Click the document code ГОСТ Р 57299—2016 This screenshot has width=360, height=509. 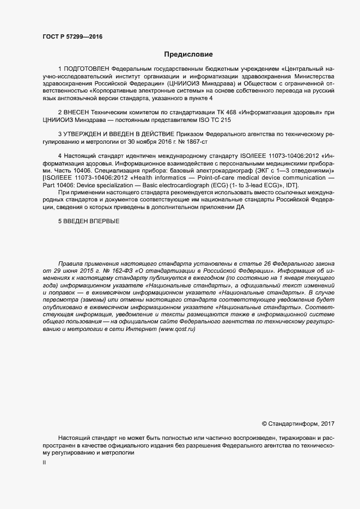click(x=72, y=37)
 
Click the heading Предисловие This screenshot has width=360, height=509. click(x=188, y=54)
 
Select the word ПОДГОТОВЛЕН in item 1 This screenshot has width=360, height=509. click(x=86, y=70)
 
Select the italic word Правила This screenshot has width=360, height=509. click(x=71, y=262)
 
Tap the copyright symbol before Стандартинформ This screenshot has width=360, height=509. click(x=265, y=423)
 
